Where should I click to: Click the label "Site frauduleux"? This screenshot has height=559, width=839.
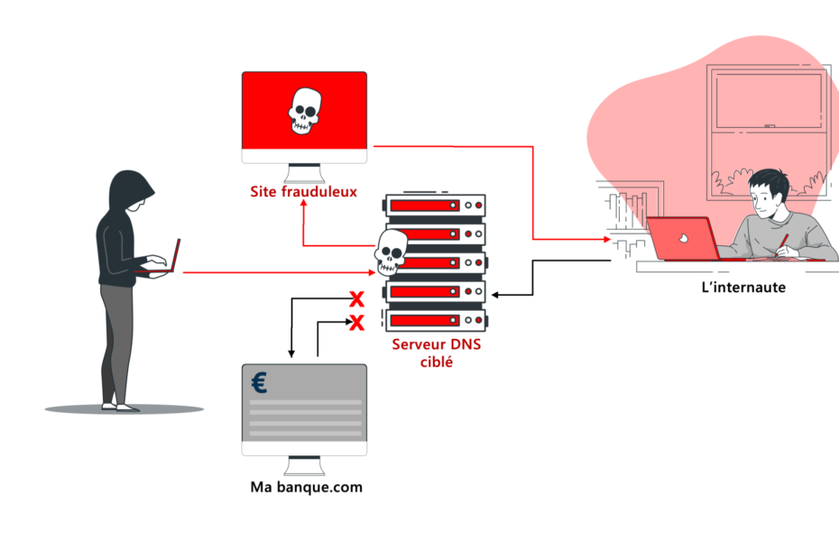303,191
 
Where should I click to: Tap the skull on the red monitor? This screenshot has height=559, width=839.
305,111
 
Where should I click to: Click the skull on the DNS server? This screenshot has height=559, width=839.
391,252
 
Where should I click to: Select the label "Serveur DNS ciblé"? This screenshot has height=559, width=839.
437,353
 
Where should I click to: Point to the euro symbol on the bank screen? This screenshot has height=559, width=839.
259,383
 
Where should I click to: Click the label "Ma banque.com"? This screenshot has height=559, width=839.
306,487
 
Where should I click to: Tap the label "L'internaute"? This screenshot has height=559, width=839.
743,288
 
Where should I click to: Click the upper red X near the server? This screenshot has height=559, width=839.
356,299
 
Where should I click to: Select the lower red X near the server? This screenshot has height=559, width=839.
356,323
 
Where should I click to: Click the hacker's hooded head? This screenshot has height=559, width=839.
131,190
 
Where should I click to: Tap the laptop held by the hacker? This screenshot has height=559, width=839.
161,260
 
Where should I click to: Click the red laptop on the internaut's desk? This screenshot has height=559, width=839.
683,239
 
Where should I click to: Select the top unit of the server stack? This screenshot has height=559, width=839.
436,206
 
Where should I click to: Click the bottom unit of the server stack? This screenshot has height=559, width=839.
436,320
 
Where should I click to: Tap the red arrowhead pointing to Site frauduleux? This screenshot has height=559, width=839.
303,205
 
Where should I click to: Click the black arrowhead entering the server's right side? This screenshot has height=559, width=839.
495,295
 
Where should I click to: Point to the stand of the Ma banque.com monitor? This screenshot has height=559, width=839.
304,466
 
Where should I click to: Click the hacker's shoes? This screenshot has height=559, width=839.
121,408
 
